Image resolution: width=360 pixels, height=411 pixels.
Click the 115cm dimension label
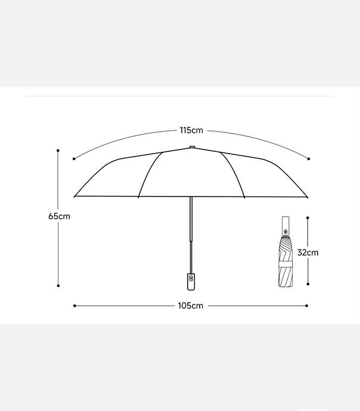click(191, 130)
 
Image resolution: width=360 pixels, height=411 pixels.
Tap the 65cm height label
click(59, 216)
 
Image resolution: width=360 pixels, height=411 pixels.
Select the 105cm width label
click(191, 306)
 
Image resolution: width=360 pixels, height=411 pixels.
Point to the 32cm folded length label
click(308, 253)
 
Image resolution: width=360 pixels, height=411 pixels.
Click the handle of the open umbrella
click(191, 282)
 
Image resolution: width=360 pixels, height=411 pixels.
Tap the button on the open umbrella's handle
click(191, 278)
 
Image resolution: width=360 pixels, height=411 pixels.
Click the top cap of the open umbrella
click(192, 147)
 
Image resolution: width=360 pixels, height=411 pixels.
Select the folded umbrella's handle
click(285, 226)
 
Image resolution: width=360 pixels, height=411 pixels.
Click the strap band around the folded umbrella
click(285, 264)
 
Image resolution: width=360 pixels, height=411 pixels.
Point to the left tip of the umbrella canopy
click(75, 197)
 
